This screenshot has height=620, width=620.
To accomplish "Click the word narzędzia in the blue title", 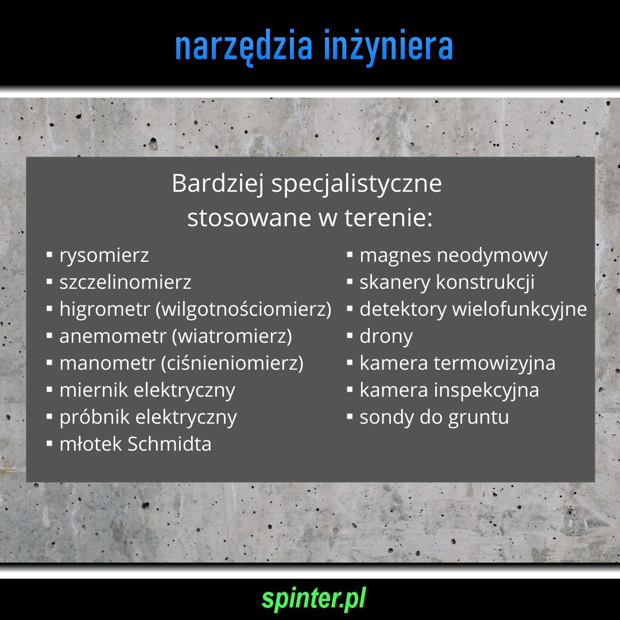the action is (x=243, y=47).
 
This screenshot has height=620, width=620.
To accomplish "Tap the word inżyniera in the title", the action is (x=388, y=47).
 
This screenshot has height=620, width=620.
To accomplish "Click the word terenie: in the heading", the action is (x=389, y=218).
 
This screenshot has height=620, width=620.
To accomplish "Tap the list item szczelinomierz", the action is (x=125, y=282).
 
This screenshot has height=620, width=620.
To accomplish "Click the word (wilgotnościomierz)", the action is (x=243, y=309).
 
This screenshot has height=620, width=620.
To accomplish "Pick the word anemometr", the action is (x=113, y=336).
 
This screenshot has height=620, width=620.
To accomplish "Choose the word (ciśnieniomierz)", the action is (x=232, y=363).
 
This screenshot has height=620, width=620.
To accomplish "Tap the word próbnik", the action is (x=95, y=417).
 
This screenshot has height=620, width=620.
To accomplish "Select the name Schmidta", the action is (x=169, y=444).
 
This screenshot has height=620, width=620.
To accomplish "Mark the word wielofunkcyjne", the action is (x=520, y=309).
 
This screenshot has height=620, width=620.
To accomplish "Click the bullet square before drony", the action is (x=350, y=336).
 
